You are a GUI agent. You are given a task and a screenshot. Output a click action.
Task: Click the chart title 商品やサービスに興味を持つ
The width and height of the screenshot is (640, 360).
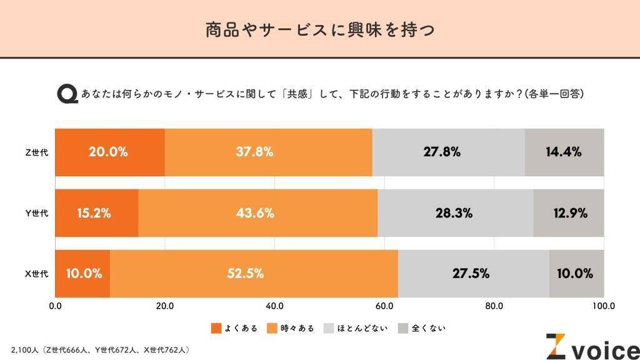point(320,29)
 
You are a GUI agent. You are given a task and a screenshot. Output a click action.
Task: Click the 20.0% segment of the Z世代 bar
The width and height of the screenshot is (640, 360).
point(110,152)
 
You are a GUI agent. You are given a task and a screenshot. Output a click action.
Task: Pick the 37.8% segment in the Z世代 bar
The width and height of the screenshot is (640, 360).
point(269,152)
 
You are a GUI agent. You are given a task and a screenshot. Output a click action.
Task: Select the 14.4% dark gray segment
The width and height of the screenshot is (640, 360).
point(564,152)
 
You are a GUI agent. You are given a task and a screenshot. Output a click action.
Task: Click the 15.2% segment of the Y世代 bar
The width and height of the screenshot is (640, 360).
point(96,213)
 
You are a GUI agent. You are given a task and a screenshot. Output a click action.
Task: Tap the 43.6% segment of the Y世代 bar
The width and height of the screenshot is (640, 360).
point(257,213)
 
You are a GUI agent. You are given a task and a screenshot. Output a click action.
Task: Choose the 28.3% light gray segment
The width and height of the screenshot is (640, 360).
point(455,213)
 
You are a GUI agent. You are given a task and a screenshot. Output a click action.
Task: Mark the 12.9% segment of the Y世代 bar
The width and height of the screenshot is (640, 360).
point(569,213)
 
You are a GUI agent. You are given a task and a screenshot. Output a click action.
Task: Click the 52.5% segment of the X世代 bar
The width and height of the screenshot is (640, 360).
point(254,274)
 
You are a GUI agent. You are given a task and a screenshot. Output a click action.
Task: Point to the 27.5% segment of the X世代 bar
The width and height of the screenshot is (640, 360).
point(473,274)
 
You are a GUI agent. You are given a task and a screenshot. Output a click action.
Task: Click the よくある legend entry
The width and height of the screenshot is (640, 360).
point(234,328)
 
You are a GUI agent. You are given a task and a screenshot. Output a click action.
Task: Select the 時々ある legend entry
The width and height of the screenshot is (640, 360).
point(291,328)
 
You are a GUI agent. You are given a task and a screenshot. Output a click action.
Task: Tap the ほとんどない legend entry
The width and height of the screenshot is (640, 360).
point(354,328)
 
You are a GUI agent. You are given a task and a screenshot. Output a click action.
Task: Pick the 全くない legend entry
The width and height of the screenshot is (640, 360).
point(422,328)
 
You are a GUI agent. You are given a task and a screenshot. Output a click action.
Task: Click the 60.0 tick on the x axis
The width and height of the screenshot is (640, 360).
point(384,306)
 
